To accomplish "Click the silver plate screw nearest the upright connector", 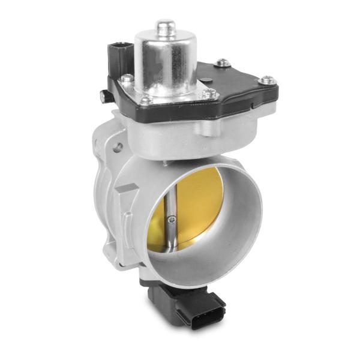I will [x=127, y=77].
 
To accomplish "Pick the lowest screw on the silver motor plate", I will [x=146, y=100].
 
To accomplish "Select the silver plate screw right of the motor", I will [x=208, y=94].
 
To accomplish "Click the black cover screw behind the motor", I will [x=223, y=62].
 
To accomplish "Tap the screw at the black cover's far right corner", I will [x=265, y=79].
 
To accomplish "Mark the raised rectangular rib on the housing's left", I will [x=122, y=204].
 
